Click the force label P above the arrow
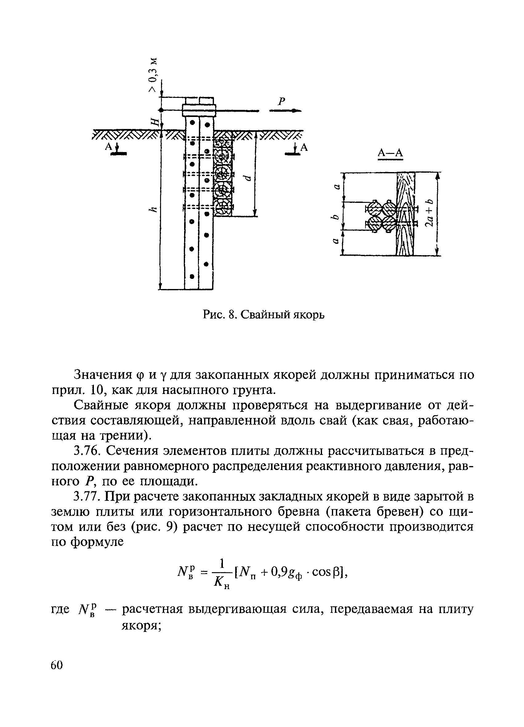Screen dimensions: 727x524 pyautogui.click(x=281, y=102)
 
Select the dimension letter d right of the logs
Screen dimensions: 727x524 pyautogui.click(x=247, y=178)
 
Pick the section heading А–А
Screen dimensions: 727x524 pyautogui.click(x=390, y=153)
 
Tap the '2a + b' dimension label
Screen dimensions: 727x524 pyautogui.click(x=429, y=212)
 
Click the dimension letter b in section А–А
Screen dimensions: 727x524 pyautogui.click(x=335, y=217)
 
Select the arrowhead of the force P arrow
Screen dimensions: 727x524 pyautogui.click(x=296, y=110)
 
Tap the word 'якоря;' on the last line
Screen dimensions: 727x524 pyautogui.click(x=141, y=625)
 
